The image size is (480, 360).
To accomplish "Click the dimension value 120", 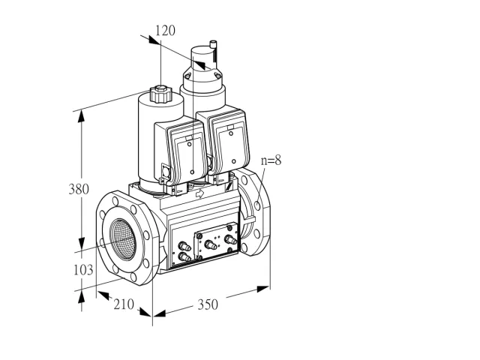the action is pyautogui.click(x=165, y=31).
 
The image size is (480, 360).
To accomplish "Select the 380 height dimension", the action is pyautogui.click(x=79, y=189).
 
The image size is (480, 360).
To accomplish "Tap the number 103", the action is pyautogui.click(x=83, y=270).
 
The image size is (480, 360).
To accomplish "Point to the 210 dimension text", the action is pyautogui.click(x=124, y=304).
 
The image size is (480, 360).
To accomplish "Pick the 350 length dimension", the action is pyautogui.click(x=208, y=304).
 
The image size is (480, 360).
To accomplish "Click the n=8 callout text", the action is pyautogui.click(x=271, y=160).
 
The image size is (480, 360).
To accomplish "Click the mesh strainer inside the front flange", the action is pyautogui.click(x=123, y=240).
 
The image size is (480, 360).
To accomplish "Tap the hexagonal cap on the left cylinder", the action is pyautogui.click(x=160, y=94).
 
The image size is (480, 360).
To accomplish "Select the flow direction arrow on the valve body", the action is pyautogui.click(x=199, y=193).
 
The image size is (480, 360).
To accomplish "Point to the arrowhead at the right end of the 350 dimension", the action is pyautogui.click(x=263, y=289).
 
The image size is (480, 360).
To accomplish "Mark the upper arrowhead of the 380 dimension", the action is pyautogui.click(x=81, y=116).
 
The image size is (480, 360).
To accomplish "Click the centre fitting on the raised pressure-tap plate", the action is pyautogui.click(x=211, y=245).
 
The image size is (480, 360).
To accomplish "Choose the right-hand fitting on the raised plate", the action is pyautogui.click(x=230, y=240).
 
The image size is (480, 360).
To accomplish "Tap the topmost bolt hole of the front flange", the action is pyautogui.click(x=115, y=201).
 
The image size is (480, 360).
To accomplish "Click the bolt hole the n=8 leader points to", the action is pyautogui.click(x=257, y=205).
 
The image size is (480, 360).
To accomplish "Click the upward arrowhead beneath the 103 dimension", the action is pyautogui.click(x=81, y=298).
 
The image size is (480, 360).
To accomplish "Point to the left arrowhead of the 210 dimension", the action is pyautogui.click(x=103, y=295).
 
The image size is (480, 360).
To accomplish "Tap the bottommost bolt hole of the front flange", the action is pyautogui.click(x=133, y=277).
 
